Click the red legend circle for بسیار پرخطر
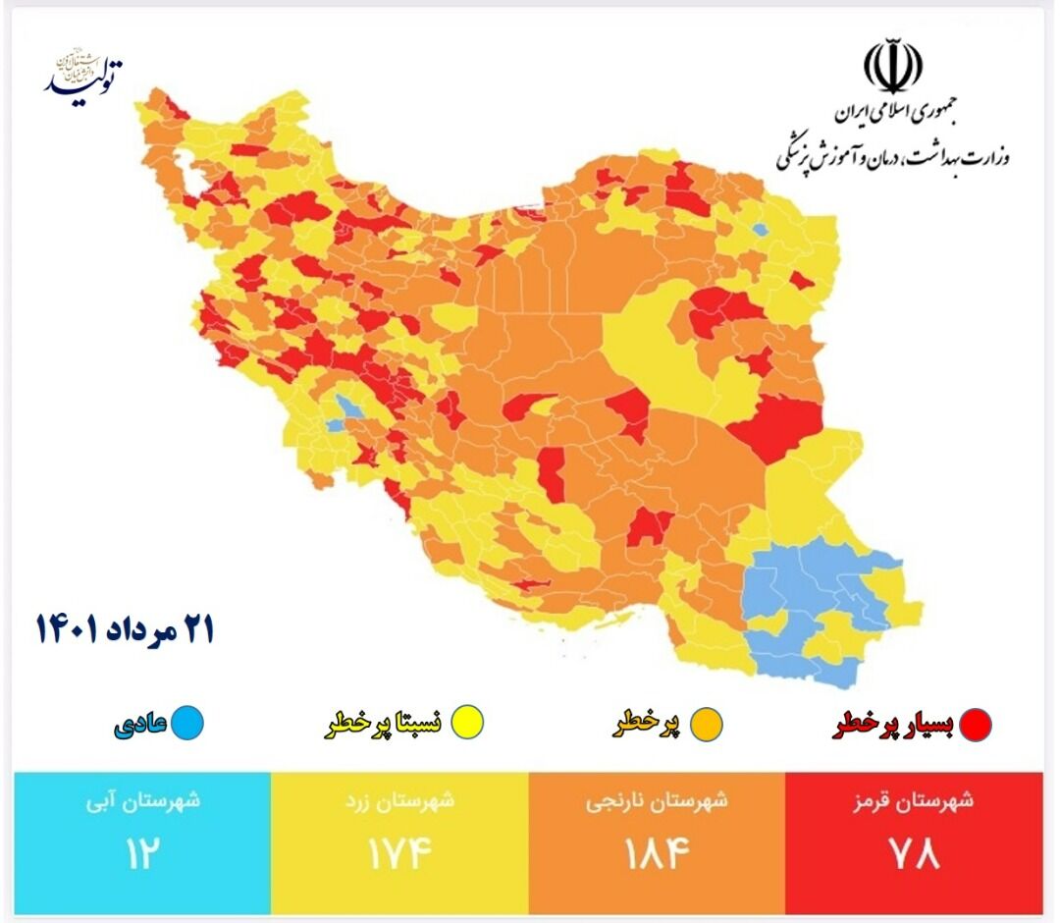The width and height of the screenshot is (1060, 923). pos(976,725)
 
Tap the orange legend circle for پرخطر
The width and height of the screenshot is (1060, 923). pos(707,725)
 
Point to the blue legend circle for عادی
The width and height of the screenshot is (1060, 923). pos(187,724)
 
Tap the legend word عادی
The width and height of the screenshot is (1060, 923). pos(139,725)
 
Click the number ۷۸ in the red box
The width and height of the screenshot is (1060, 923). pos(914,852)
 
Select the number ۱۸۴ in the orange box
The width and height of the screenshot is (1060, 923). pos(657,852)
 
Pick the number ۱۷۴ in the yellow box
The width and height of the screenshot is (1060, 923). pos(399,852)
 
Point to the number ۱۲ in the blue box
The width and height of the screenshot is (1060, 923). pos(141,852)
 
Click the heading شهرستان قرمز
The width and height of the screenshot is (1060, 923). pos(914,800)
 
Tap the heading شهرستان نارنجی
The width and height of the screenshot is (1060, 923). pos(657,800)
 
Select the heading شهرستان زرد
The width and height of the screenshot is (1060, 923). pos(399,800)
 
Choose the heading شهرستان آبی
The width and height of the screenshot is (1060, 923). pos(141,800)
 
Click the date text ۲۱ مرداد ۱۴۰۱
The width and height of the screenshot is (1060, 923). pos(125,629)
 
